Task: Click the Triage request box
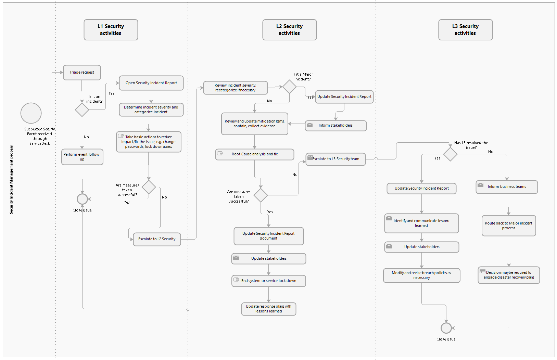tap(82, 73)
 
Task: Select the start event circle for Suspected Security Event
tap(31, 113)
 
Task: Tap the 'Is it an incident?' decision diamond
tap(82, 110)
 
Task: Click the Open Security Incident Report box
tap(151, 83)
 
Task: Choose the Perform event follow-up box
tap(82, 157)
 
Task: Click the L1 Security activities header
tap(111, 30)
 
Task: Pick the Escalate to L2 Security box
tap(157, 239)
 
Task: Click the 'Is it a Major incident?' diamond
tap(289, 87)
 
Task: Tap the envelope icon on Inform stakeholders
tap(309, 125)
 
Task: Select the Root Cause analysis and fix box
tap(254, 154)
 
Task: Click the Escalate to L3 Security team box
tap(336, 159)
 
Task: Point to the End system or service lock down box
tap(268, 281)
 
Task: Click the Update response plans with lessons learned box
tap(268, 309)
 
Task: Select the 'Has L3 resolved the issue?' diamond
tap(450, 154)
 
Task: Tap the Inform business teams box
tap(507, 187)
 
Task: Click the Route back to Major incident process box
tap(508, 226)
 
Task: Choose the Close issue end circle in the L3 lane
tap(446, 328)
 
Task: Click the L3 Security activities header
tap(465, 30)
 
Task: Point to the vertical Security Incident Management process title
tap(11, 180)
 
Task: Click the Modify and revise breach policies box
tap(421, 275)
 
